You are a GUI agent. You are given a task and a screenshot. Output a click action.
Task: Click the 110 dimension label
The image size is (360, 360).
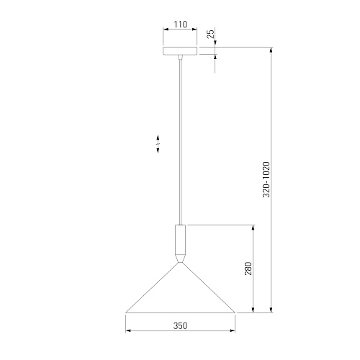coord(181,24)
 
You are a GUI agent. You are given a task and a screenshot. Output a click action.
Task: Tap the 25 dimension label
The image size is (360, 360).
coord(210,35)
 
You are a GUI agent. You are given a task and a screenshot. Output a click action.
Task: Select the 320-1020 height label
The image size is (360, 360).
coord(266,179)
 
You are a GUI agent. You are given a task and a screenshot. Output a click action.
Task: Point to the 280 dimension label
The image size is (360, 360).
coord(248,269)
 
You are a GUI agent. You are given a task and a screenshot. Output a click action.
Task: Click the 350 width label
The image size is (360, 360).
coord(180,325)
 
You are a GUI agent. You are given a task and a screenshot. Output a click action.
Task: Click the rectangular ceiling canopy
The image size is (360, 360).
coord(180,51)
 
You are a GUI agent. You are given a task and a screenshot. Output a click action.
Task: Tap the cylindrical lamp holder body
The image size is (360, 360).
coord(180,240)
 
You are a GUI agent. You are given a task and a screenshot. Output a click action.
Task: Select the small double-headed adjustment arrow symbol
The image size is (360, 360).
coord(158,144)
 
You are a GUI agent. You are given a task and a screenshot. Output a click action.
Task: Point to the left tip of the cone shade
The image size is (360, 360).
coord(126,312)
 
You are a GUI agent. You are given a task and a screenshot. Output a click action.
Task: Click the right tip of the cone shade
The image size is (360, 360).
coord(235,312)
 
